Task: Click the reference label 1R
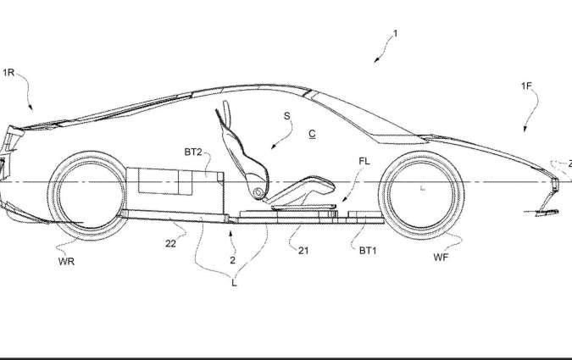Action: point(8,73)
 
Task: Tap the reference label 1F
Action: point(526,86)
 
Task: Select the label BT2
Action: point(193,152)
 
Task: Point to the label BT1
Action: point(368,251)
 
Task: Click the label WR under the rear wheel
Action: point(66,261)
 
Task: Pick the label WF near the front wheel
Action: point(441,258)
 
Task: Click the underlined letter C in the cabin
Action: point(312,134)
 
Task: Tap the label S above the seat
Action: point(286,116)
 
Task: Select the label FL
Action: point(364,161)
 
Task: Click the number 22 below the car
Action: point(170,244)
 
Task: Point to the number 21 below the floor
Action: point(303,251)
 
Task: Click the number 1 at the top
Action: point(395,34)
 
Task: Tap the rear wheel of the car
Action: point(87,196)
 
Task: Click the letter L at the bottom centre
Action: point(234,283)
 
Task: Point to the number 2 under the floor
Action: point(232,260)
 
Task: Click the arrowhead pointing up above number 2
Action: point(230,233)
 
